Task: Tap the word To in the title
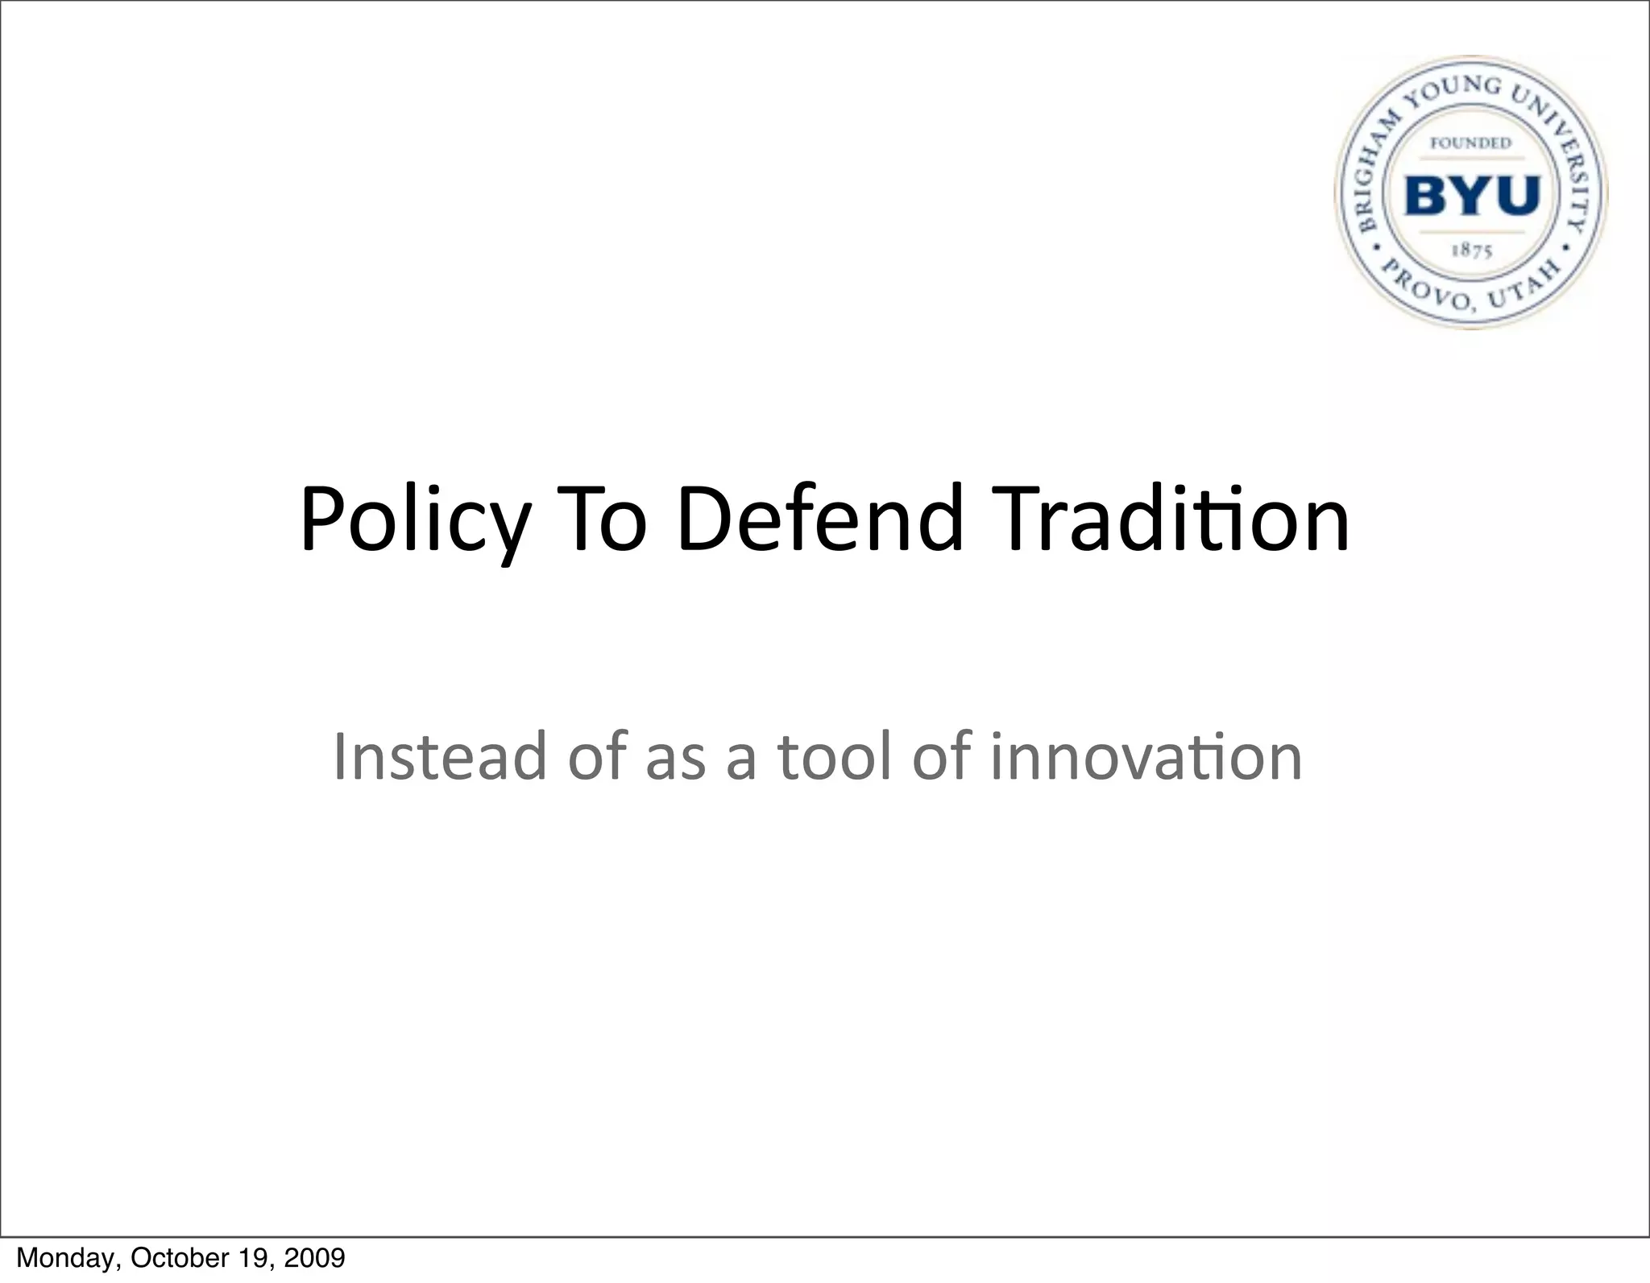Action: (608, 519)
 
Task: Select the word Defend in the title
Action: (820, 519)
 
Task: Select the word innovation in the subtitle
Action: (1146, 756)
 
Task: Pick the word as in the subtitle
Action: (675, 758)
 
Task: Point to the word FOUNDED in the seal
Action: (1470, 143)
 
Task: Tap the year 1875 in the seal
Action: (1472, 250)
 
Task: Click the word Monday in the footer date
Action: (67, 1258)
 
